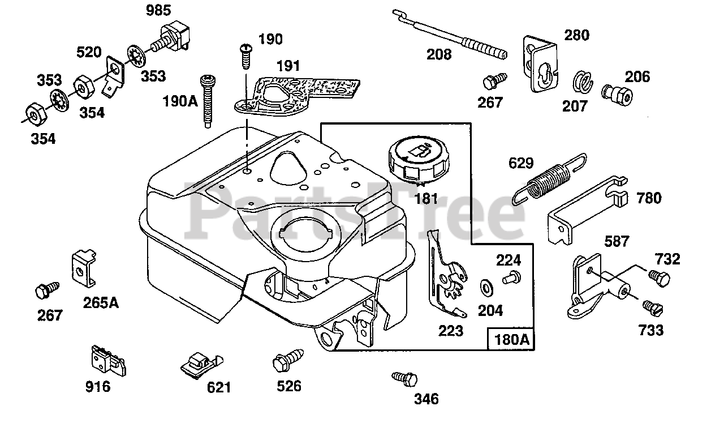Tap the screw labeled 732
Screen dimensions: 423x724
(658, 278)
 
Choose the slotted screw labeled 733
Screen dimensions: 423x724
(652, 307)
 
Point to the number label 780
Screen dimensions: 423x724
(648, 198)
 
